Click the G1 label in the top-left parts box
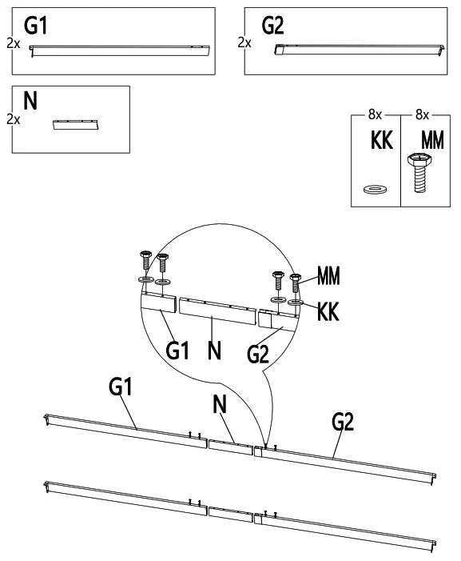tap(36, 25)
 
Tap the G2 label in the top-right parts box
tap(272, 25)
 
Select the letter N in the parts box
tap(30, 101)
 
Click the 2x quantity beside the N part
tap(14, 119)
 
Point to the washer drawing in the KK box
tap(375, 189)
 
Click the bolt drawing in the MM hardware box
tap(420, 173)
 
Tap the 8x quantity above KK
tap(375, 114)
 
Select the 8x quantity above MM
tap(422, 114)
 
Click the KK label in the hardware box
tap(382, 140)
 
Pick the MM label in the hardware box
tap(432, 140)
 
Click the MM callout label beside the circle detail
tap(328, 275)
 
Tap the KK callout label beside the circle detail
tap(328, 311)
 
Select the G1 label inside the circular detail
tap(177, 350)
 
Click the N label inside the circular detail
tap(215, 350)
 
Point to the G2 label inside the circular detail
tap(257, 355)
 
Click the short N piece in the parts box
tap(75, 125)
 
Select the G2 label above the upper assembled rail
tap(343, 422)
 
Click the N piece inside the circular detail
tap(217, 311)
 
